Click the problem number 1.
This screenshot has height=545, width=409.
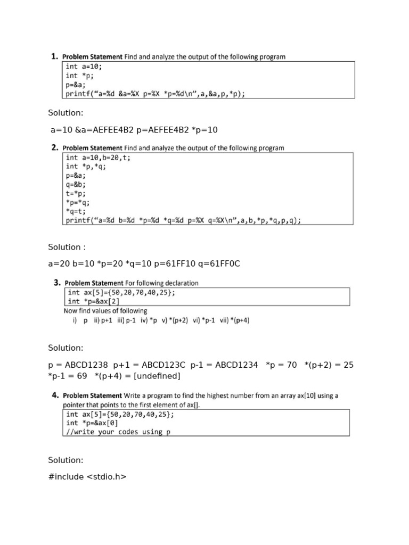click(x=54, y=56)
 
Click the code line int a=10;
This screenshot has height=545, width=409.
click(x=84, y=67)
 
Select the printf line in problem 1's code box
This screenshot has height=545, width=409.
click(x=155, y=94)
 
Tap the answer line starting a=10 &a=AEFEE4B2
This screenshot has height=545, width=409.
click(x=133, y=130)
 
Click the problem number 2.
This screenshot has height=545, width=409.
click(x=54, y=147)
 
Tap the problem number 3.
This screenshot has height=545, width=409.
click(x=56, y=283)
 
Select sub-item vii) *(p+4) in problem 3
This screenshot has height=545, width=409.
click(x=235, y=320)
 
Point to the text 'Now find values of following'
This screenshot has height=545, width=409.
click(x=105, y=311)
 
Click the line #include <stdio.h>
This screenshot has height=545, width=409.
click(x=87, y=477)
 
